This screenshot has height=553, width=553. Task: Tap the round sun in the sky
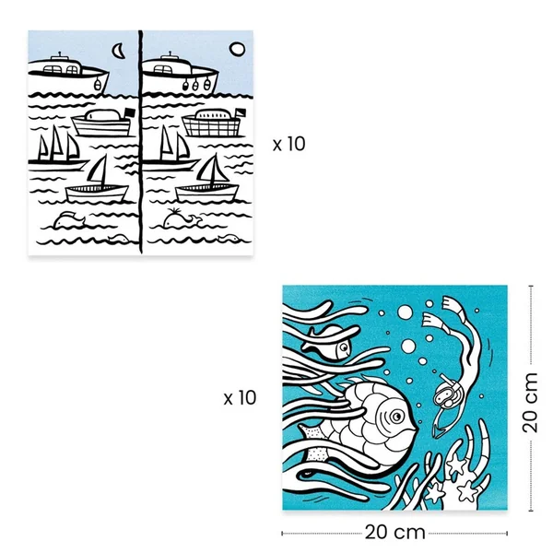237,50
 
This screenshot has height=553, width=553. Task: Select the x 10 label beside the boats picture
288,144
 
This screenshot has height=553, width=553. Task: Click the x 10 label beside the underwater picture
240,398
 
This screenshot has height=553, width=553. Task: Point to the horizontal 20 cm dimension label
394,532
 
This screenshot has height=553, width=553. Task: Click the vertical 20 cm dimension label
530,403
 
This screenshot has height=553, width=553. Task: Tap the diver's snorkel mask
443,394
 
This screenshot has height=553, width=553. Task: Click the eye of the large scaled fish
396,417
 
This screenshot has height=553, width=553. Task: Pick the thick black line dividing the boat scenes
141,142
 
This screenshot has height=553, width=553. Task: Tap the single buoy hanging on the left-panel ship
97,85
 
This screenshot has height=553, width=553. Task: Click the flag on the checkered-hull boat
241,112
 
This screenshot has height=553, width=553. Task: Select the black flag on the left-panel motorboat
130,112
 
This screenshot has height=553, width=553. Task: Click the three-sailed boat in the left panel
56,150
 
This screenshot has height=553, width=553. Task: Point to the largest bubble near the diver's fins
405,312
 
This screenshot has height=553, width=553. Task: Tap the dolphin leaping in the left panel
68,219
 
